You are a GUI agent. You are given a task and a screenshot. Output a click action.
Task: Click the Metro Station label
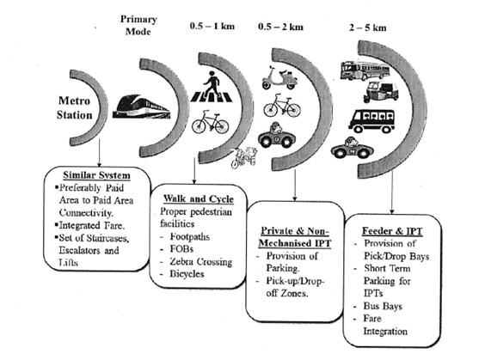click(75, 107)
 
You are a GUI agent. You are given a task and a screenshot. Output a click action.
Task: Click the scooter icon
click(279, 77)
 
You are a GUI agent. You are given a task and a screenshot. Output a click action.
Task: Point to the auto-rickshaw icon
click(380, 92)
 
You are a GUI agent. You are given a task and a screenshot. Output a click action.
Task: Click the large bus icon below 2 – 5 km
click(365, 70)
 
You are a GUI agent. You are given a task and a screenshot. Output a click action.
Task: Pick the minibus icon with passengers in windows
click(372, 121)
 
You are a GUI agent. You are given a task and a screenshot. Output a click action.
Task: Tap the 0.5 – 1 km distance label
click(212, 27)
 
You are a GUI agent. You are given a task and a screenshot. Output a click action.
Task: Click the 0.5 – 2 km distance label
click(281, 27)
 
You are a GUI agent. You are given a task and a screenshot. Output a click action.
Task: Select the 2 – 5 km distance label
click(368, 27)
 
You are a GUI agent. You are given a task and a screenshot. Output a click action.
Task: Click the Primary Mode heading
click(138, 25)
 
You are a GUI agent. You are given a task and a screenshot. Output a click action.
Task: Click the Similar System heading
click(96, 175)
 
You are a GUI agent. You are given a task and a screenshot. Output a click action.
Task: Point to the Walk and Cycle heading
click(199, 198)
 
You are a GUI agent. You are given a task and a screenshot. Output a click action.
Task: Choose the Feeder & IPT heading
click(392, 231)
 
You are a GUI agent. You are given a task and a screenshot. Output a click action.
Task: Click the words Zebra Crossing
click(200, 261)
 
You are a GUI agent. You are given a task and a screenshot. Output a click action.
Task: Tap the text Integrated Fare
click(92, 225)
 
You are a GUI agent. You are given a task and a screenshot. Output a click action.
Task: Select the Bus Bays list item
click(383, 306)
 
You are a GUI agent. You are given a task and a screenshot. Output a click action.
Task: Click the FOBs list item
click(181, 249)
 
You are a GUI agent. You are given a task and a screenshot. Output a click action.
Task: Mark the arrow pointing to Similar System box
click(99, 153)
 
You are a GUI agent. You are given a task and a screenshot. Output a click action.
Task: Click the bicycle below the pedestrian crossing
click(211, 122)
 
